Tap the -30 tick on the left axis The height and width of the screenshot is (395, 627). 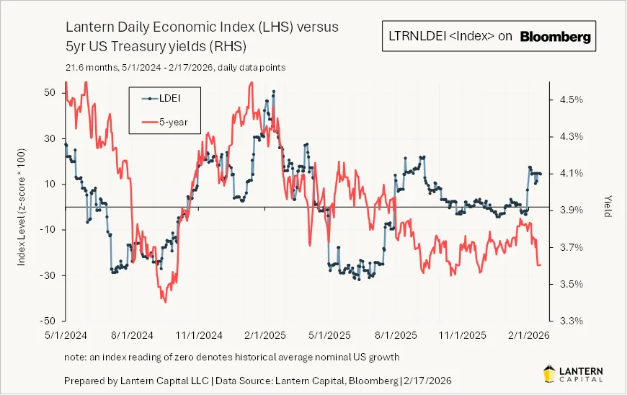pos(48,275)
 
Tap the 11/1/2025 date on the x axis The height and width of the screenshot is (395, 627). pos(458,335)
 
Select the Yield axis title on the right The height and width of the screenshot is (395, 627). pos(608,207)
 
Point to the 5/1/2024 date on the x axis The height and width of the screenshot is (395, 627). pos(66,335)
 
